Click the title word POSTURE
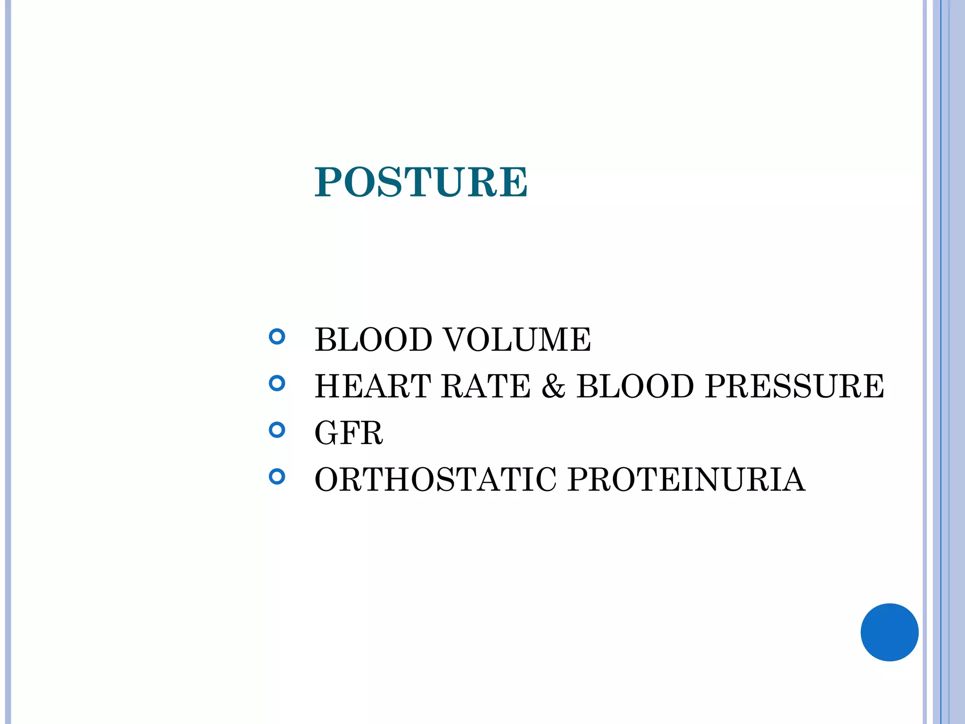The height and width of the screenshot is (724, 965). pos(421,182)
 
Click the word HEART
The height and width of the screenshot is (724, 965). pos(373,386)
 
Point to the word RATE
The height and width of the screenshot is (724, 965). pos(486,386)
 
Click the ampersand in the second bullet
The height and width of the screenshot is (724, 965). pos(553,386)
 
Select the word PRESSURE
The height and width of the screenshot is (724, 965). pos(794,386)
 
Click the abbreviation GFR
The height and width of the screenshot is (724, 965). pos(349,433)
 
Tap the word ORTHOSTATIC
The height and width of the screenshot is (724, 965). pos(435,479)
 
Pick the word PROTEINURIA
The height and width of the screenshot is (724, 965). pos(686,479)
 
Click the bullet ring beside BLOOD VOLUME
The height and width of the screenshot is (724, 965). pos(277,337)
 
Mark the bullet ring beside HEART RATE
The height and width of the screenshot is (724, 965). pos(277,383)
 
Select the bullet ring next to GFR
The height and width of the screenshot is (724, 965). pos(277,430)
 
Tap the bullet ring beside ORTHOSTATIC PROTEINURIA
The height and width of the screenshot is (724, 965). pos(277,477)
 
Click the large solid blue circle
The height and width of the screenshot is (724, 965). pos(889,632)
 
